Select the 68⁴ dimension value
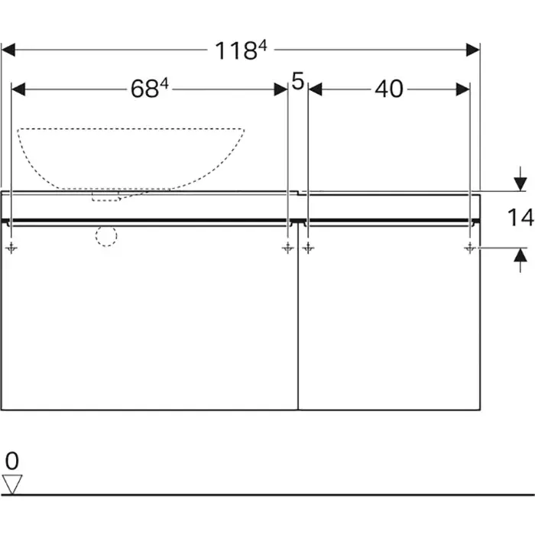[149, 89]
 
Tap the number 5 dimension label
[298, 81]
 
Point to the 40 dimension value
[388, 89]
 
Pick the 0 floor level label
[11, 461]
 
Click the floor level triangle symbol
[12, 483]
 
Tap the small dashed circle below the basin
[106, 236]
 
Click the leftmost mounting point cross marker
[11, 248]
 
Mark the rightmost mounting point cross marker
[469, 248]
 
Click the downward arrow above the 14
[520, 183]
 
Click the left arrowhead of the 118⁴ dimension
[9, 50]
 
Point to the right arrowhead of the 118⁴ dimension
[473, 50]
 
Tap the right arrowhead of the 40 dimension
[462, 89]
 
